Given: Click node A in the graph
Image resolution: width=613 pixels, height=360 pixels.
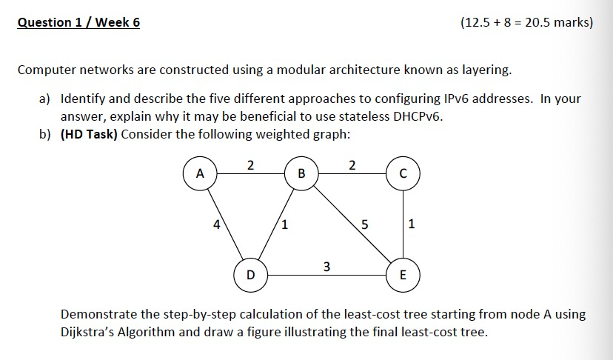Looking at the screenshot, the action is pyautogui.click(x=198, y=174).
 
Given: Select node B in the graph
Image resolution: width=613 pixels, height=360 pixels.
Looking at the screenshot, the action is pyautogui.click(x=301, y=174).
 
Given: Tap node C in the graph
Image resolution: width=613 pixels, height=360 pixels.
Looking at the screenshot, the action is pyautogui.click(x=402, y=174).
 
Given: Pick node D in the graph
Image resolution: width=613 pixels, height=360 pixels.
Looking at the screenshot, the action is pyautogui.click(x=250, y=275).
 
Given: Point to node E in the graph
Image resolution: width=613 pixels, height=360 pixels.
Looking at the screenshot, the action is pyautogui.click(x=402, y=275).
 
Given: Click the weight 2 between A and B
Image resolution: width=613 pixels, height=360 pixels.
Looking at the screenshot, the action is pyautogui.click(x=250, y=164).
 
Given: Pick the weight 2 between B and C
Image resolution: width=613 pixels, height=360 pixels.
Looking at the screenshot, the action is pyautogui.click(x=352, y=164).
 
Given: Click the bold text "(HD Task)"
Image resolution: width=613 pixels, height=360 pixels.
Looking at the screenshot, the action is pyautogui.click(x=88, y=134).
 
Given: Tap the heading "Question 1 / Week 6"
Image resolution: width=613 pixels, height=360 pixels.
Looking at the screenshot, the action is pyautogui.click(x=78, y=22).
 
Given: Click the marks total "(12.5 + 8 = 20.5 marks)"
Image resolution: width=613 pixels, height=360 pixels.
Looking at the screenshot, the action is pyautogui.click(x=526, y=22).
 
